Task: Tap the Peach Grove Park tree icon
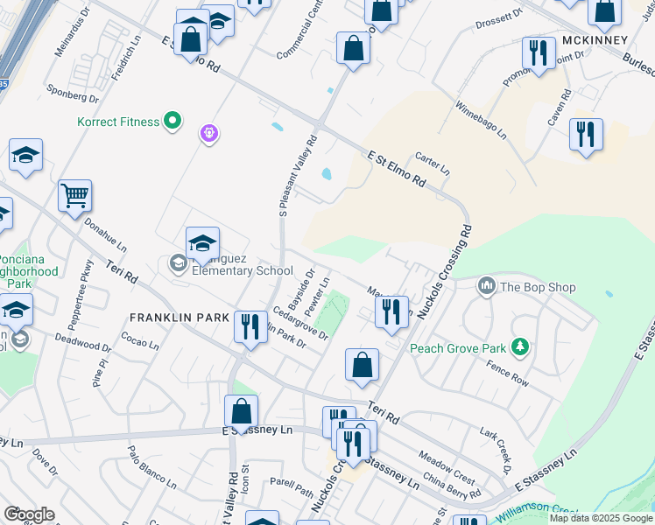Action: click(x=520, y=348)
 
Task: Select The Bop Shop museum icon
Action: click(x=487, y=286)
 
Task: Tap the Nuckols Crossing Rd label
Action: click(x=445, y=272)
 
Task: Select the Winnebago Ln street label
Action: click(x=480, y=119)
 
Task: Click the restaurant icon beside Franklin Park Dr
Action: click(x=251, y=327)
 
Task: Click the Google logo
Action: click(x=29, y=514)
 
